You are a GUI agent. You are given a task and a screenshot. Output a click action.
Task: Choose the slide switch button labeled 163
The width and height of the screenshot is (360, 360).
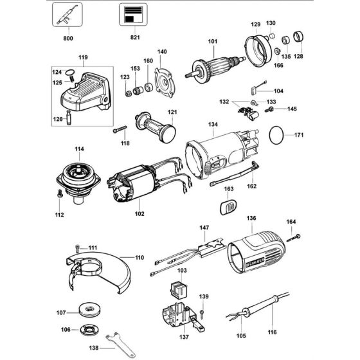229,206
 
